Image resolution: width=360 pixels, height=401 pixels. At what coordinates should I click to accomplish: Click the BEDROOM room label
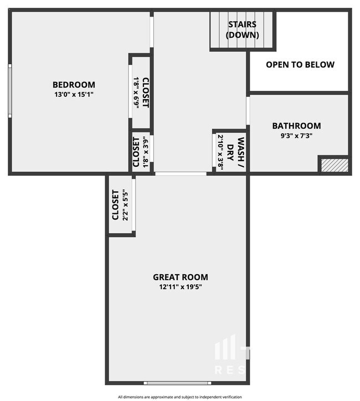[x=74, y=85]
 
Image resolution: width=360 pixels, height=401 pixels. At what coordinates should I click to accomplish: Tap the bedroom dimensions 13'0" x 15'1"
[x=74, y=94]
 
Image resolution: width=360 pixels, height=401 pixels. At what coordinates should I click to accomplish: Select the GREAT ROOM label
[x=181, y=277]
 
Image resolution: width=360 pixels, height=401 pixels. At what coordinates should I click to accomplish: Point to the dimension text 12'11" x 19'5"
[x=181, y=286]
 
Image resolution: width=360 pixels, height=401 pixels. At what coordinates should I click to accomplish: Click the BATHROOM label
[x=296, y=126]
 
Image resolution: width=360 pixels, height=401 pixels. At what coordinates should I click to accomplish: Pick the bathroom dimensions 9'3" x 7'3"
[x=296, y=135]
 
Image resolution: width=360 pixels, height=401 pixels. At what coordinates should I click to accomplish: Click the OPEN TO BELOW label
[x=300, y=65]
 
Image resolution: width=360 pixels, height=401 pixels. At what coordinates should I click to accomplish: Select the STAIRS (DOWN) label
[x=243, y=29]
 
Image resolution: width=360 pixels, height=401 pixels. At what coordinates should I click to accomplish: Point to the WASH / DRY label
[x=236, y=151]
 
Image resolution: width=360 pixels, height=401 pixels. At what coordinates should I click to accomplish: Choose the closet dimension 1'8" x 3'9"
[x=146, y=152]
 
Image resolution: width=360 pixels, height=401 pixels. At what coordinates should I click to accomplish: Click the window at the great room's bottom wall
[x=177, y=382]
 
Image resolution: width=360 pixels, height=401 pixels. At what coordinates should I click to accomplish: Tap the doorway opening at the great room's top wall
[x=181, y=174]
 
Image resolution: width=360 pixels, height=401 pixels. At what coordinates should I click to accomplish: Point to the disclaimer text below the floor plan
[x=181, y=397]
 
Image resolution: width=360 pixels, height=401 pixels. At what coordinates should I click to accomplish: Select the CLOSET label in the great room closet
[x=115, y=205]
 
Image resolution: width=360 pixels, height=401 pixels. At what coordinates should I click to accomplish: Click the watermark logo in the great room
[x=230, y=354]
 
